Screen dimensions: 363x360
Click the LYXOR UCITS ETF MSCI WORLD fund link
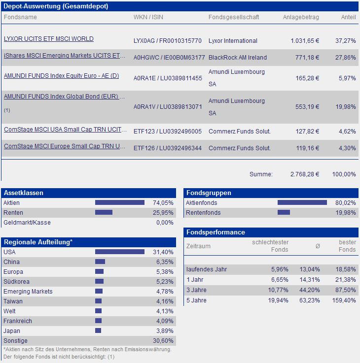point(48,39)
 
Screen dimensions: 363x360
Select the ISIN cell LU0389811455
point(168,78)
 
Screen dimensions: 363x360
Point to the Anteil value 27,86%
point(345,58)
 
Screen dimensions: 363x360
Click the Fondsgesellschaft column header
point(233,17)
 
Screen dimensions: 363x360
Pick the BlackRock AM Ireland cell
point(237,58)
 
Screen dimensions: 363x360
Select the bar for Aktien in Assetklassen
point(119,202)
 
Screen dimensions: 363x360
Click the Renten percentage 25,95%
point(163,213)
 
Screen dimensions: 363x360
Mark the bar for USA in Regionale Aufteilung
point(119,252)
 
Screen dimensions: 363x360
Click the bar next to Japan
point(98,330)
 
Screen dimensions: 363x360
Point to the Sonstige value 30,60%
point(163,341)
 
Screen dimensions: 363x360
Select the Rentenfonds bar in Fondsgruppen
point(284,213)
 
